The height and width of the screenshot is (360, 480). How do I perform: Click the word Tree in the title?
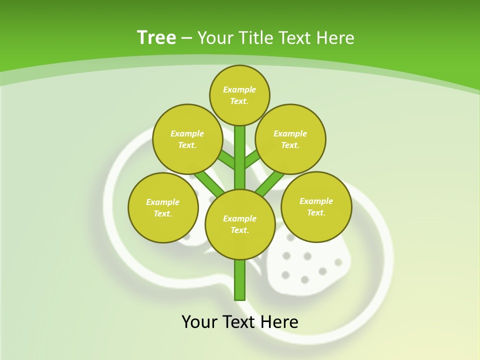(156, 38)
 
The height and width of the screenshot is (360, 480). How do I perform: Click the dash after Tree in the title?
(186, 38)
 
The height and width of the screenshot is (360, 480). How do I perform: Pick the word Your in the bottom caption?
(200, 322)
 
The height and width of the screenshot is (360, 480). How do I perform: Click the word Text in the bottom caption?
(239, 322)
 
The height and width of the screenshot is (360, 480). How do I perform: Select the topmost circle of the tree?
(239, 95)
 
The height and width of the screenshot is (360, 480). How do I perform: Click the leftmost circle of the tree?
(163, 207)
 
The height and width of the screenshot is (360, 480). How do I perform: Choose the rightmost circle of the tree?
(316, 206)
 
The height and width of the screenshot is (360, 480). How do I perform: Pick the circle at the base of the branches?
(240, 224)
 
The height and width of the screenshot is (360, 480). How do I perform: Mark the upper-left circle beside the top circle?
(187, 139)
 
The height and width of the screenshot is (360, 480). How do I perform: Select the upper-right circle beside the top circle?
(290, 139)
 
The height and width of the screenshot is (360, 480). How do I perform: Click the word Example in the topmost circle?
(239, 89)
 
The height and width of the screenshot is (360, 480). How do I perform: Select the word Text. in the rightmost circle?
(316, 212)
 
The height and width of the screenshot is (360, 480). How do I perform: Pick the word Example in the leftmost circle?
(163, 202)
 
